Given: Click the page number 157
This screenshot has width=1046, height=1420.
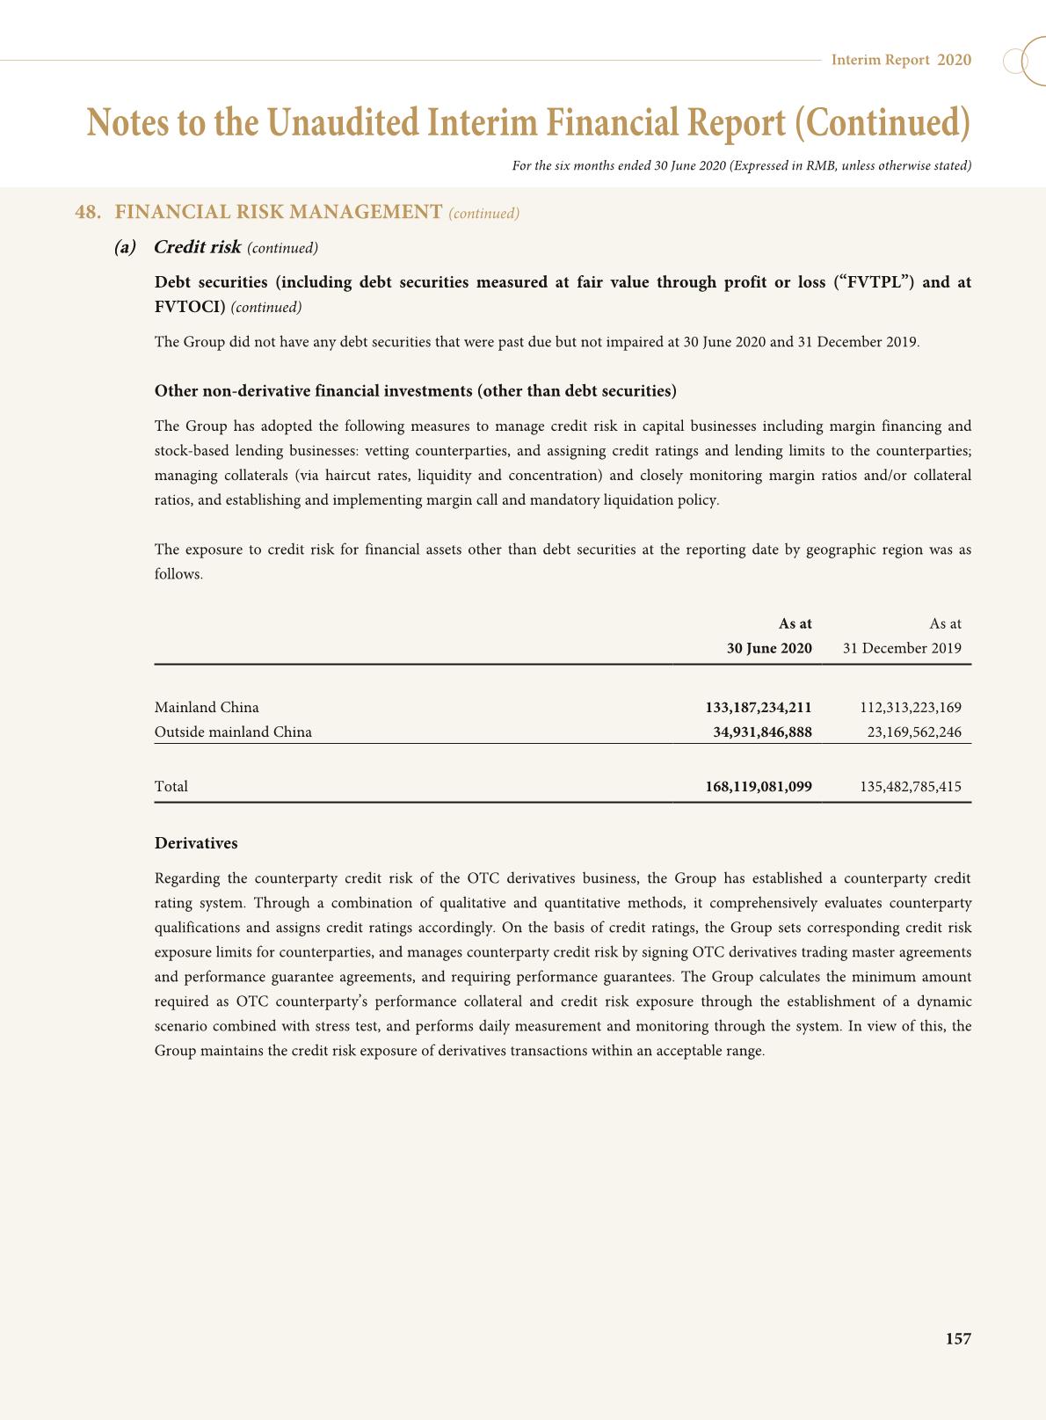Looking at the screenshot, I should tap(958, 1339).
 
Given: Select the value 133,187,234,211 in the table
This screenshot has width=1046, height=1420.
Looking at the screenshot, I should tap(758, 708).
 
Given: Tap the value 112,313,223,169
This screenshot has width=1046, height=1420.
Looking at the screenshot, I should tap(911, 708).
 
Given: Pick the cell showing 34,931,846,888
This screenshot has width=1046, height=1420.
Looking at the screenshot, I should tap(762, 732).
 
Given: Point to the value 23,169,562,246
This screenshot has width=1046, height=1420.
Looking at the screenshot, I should tap(914, 732).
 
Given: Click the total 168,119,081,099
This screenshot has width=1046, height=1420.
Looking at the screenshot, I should tap(758, 787).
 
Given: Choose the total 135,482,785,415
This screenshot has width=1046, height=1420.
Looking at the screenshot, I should tap(911, 787).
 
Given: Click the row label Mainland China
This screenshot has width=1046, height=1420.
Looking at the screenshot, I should tap(207, 708).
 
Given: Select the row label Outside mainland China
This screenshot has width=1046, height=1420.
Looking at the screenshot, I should tap(233, 732).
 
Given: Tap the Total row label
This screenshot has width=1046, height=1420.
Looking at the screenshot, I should tap(171, 787).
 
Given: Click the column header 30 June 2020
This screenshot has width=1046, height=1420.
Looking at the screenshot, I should tap(768, 649).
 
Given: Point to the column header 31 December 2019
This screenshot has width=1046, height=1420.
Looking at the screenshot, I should tap(902, 649).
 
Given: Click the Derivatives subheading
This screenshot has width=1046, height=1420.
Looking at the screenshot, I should tap(196, 844).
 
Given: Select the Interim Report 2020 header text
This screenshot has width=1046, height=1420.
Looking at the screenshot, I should tap(901, 60).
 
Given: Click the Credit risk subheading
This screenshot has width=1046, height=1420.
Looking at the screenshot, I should tap(197, 247).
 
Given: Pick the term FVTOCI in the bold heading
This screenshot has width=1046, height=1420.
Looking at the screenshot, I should tap(190, 307).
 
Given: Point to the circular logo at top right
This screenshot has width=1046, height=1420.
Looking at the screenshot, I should tap(1024, 62).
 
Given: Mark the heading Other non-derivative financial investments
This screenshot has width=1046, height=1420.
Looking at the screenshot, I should tap(415, 391).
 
